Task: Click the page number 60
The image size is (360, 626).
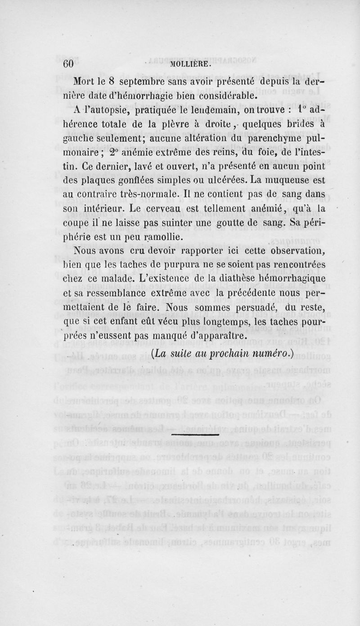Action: (x=67, y=64)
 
